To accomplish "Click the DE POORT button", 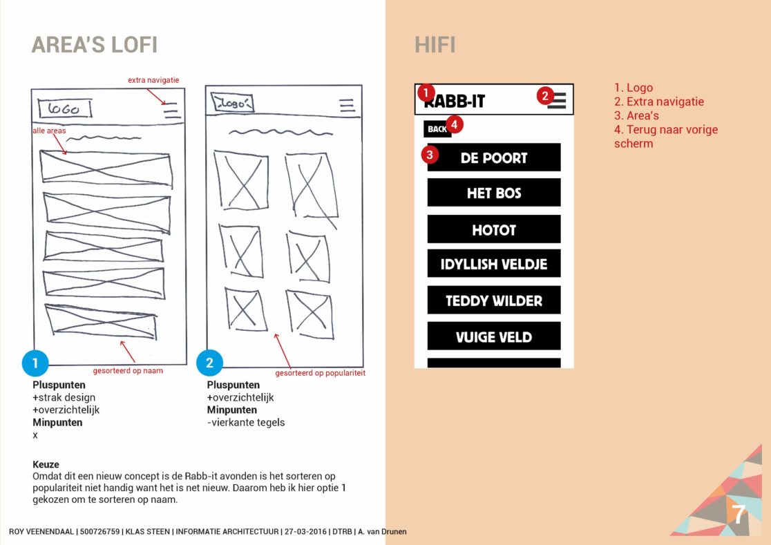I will (493, 157).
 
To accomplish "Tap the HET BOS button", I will (493, 193).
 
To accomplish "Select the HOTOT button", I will (493, 229).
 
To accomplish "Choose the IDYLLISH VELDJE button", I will (493, 264).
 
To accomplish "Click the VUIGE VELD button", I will (493, 336).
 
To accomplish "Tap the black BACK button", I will (436, 129).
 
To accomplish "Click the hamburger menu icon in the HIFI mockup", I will (557, 101).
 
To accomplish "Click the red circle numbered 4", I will (454, 124).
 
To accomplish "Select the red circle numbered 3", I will (430, 154).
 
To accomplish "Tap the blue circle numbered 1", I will (35, 363).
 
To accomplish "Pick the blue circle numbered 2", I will (210, 363).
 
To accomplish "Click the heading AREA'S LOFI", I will (95, 45).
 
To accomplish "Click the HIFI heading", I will (435, 46).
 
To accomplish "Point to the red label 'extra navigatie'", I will (153, 80).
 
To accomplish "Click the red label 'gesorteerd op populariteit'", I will (320, 373).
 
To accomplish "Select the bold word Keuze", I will (46, 465).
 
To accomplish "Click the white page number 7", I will (739, 515).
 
